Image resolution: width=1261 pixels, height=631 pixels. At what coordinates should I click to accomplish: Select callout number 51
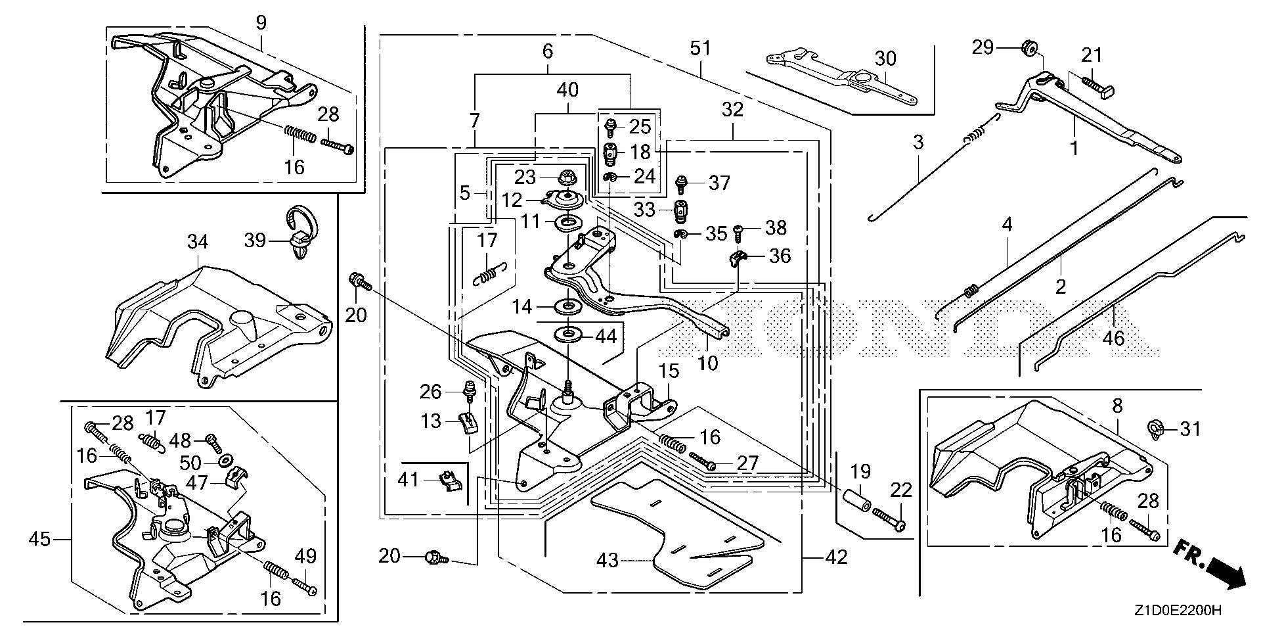click(x=701, y=49)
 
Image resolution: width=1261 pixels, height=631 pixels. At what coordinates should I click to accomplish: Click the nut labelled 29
click(x=1029, y=47)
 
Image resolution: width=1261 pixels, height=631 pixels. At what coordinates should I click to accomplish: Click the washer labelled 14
click(x=565, y=306)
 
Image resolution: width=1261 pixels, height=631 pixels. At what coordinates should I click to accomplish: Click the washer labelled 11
click(x=565, y=222)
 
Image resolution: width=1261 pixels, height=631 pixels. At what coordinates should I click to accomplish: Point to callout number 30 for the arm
click(x=885, y=58)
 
